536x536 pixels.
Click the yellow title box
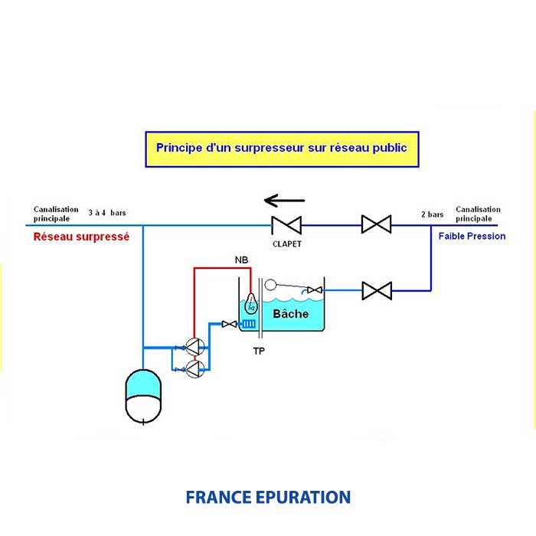[282, 149]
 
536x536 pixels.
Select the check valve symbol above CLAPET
[286, 224]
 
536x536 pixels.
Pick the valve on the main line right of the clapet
[376, 224]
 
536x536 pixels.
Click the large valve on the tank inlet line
[376, 291]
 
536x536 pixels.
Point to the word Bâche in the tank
[291, 313]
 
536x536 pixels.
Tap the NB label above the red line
[241, 262]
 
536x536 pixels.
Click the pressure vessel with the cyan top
[143, 396]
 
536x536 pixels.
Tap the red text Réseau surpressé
[81, 237]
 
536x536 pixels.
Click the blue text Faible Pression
[472, 237]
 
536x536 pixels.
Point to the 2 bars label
[433, 215]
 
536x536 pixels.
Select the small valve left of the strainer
[228, 325]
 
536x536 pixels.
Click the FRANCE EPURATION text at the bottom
[268, 497]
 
